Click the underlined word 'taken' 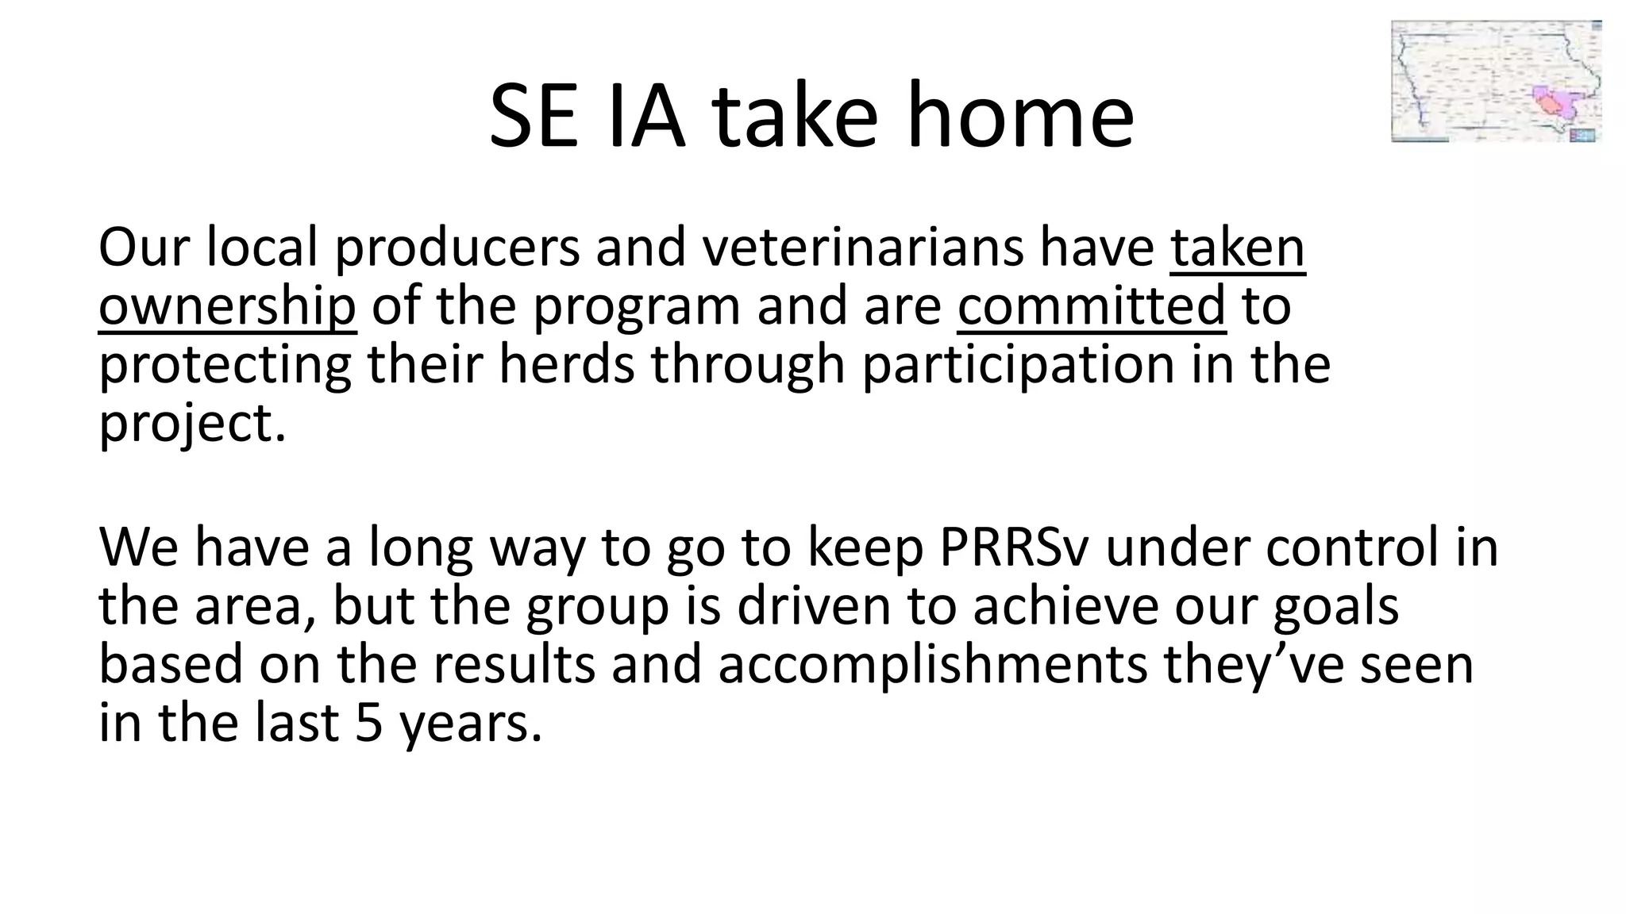coord(1237,248)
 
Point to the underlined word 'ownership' coord(227,306)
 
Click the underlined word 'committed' coord(1091,306)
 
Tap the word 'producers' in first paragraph coord(457,248)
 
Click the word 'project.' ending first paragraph coord(191,424)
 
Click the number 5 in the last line coord(369,724)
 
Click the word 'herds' coord(567,365)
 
